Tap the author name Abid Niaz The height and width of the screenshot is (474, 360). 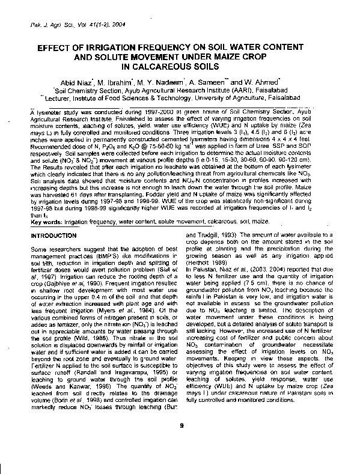coord(94,82)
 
